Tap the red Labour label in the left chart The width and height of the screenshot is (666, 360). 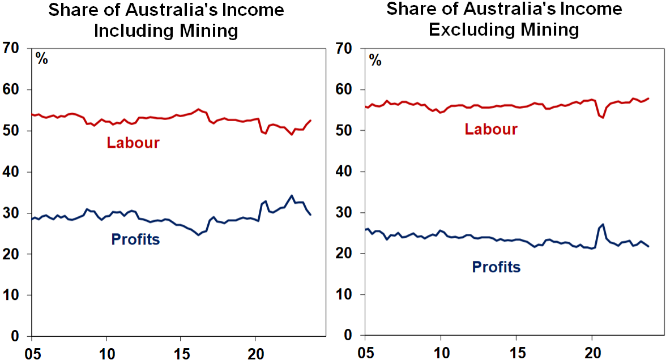pos(133,142)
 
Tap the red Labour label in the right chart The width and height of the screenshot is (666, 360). pos(491,130)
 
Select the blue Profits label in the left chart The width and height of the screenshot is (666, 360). pos(135,239)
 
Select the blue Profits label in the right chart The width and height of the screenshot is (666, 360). pos(496,267)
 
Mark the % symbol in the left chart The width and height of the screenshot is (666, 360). pos(42,58)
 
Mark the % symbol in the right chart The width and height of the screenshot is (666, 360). pos(375,59)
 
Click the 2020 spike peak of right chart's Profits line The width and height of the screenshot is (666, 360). pos(602,225)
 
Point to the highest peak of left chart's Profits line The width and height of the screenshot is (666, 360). pos(292,195)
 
